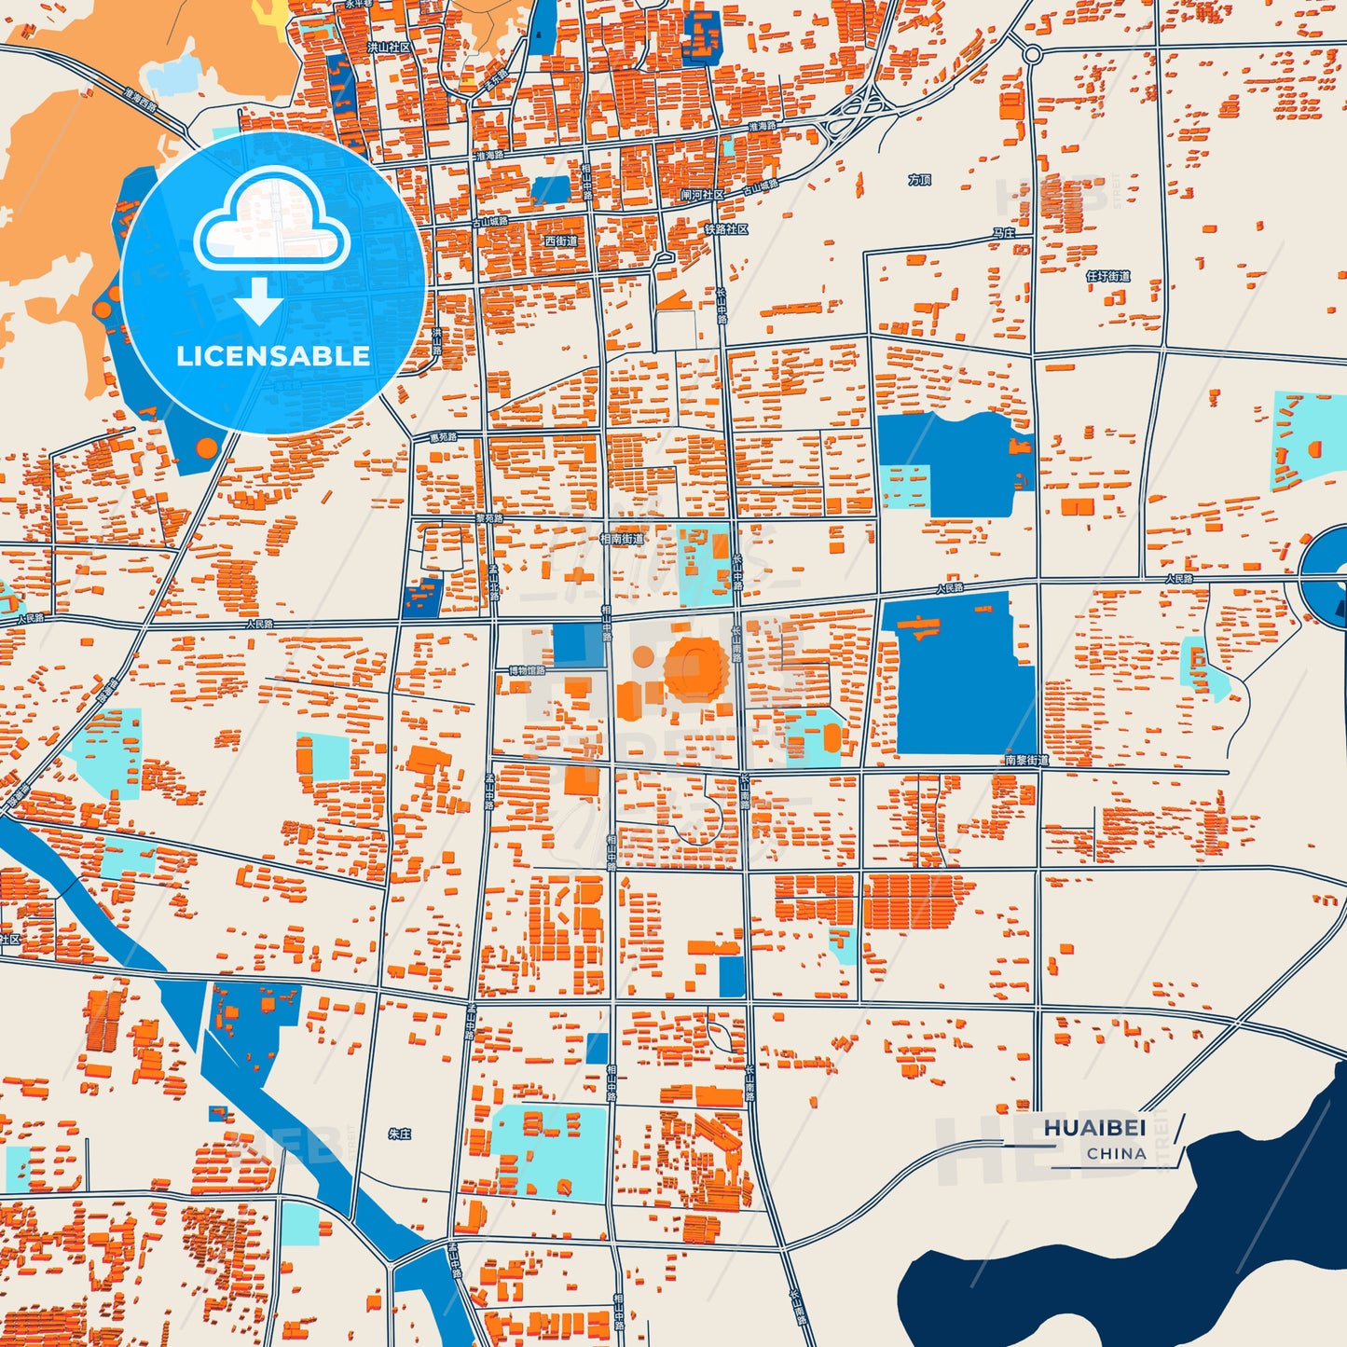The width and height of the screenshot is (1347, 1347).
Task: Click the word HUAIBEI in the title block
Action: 1094,1128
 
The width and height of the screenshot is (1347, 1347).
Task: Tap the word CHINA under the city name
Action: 1116,1154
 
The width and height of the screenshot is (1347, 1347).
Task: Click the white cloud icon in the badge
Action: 271,220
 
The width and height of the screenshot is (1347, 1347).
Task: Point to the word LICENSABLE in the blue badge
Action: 273,356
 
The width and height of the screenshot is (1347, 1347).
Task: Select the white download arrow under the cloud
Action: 259,300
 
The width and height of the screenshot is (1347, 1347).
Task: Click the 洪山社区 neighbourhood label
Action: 389,47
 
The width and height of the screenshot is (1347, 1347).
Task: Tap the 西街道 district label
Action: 561,241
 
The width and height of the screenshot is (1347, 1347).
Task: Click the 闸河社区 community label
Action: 702,195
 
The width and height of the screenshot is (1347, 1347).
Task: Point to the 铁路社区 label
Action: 726,229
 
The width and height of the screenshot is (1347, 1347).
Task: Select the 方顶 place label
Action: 919,180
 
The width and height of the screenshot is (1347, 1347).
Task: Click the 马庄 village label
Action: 1003,233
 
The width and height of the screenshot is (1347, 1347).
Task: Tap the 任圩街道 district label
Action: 1108,277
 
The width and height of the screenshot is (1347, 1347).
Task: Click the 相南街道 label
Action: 621,539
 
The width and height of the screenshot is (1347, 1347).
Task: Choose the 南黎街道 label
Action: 1026,761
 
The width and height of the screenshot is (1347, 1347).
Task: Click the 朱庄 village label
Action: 399,1134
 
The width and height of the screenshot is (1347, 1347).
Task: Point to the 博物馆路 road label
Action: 527,670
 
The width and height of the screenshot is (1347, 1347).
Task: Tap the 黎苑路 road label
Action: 488,518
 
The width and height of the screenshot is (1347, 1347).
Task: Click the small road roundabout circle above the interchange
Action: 1031,55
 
